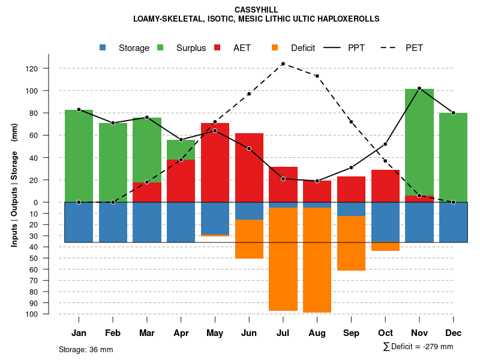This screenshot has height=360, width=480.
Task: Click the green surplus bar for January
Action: click(79, 156)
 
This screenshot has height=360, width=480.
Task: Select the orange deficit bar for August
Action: click(317, 260)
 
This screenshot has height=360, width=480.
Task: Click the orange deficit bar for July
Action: click(283, 259)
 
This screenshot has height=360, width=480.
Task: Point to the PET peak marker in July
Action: click(283, 64)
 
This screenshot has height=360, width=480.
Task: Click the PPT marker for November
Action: click(419, 89)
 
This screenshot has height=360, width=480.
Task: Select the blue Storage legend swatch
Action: click(103, 48)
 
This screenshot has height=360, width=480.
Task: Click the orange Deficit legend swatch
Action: click(275, 48)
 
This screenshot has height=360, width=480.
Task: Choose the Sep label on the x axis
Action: click(351, 333)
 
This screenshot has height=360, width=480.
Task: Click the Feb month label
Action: click(113, 333)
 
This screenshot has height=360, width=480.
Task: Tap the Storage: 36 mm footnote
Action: click(86, 349)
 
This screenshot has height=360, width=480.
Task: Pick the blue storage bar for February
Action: click(113, 222)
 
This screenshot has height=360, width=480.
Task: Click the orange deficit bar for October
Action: click(385, 247)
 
